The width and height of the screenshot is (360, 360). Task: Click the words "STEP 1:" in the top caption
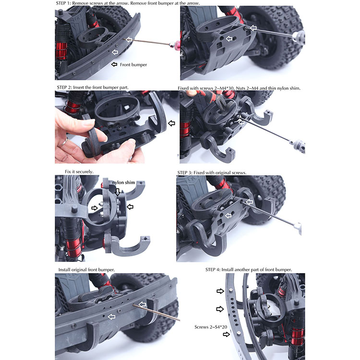click(63, 3)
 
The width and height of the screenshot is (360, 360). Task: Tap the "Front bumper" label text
click(133, 65)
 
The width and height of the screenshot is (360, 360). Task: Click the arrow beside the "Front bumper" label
click(114, 64)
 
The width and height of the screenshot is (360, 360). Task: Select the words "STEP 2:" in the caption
click(64, 87)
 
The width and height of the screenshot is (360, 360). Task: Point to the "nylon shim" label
click(123, 182)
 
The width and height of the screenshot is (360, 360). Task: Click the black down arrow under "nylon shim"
click(118, 192)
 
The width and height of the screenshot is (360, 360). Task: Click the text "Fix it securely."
click(79, 172)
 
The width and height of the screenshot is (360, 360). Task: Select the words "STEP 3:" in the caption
click(185, 173)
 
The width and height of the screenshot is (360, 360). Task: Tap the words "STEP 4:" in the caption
click(213, 270)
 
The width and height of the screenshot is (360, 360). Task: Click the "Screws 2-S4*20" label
click(211, 327)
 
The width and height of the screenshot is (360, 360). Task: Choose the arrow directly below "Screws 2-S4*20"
click(227, 334)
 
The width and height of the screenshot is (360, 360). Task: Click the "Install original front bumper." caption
click(86, 270)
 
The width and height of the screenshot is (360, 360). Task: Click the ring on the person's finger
click(63, 143)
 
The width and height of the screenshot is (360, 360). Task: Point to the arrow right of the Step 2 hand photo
click(171, 123)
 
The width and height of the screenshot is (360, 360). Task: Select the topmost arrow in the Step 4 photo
click(220, 291)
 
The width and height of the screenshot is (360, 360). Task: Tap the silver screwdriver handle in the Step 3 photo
click(298, 228)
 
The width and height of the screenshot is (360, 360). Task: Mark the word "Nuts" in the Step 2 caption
click(240, 88)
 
